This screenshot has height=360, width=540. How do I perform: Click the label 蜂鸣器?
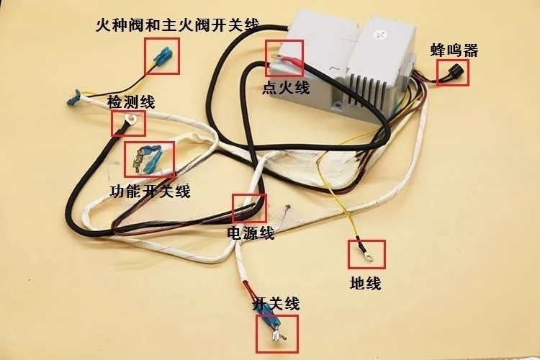click(x=454, y=50)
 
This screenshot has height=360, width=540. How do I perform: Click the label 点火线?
click(x=286, y=87)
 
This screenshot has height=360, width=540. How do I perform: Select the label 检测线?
click(x=131, y=102)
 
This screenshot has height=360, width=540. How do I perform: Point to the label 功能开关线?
click(x=150, y=191)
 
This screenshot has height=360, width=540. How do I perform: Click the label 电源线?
click(x=251, y=233)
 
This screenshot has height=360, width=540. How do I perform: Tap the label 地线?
click(x=365, y=284)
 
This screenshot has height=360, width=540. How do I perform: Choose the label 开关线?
click(x=276, y=304)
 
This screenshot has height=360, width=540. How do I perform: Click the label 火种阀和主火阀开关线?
click(x=177, y=25)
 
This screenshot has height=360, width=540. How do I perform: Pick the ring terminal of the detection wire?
click(x=130, y=120)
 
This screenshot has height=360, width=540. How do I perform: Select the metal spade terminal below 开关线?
click(x=277, y=336)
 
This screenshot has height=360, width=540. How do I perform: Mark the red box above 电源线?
click(x=250, y=208)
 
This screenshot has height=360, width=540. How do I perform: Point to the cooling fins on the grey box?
click(x=365, y=88)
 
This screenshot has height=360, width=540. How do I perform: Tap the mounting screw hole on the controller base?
click(x=338, y=105)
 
